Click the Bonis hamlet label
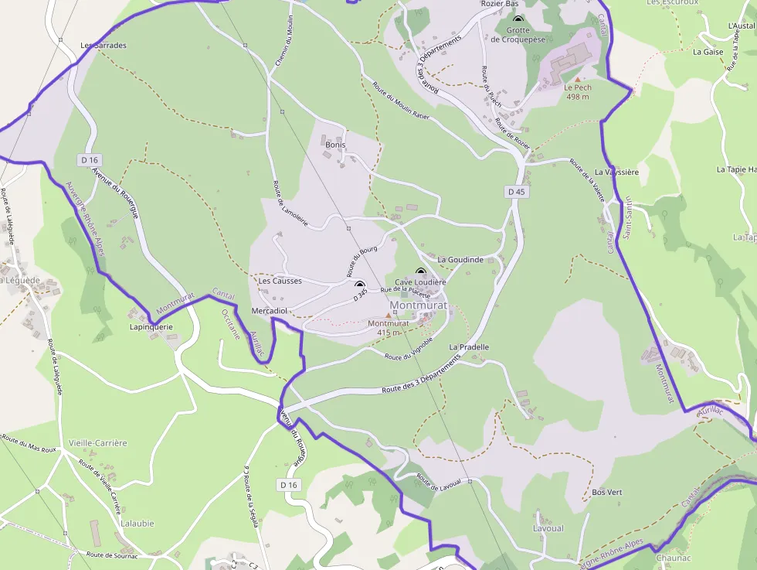pos(335,145)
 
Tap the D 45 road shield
pos(517,191)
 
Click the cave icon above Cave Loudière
pos(421,272)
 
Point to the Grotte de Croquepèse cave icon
pos(518,20)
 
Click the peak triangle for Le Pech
pos(577,78)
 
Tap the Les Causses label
pos(280,281)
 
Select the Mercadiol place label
pos(270,310)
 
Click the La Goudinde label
pos(460,260)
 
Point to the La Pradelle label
pos(469,347)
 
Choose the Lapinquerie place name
pos(151,326)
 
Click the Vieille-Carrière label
pos(97,443)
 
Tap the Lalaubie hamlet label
pos(137,523)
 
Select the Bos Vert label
pos(606,492)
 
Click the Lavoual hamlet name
pos(548,528)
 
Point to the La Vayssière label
pos(616,172)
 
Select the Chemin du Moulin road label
pos(284,40)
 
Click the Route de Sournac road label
pos(112,555)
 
